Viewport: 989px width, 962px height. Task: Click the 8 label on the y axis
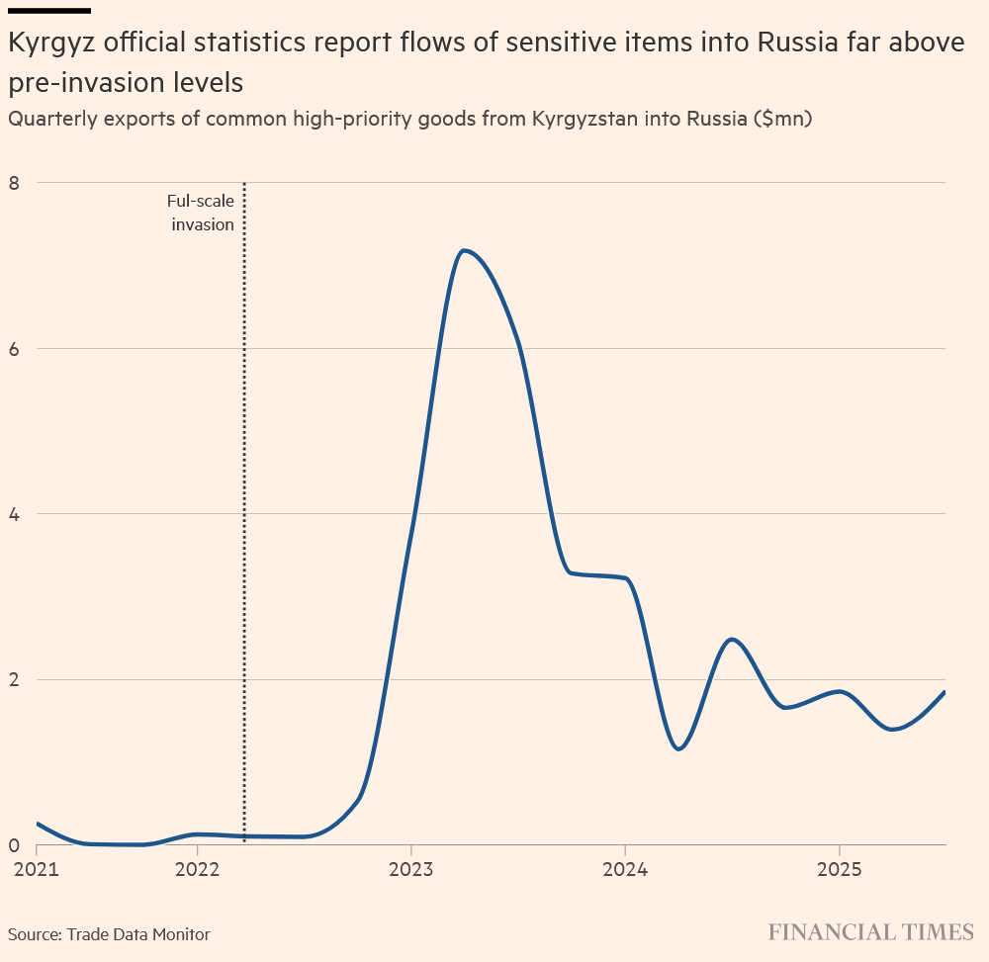(14, 183)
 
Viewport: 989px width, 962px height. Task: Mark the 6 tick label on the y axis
(14, 348)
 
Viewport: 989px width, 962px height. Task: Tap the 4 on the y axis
(14, 514)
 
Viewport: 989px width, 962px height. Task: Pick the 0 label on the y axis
(14, 845)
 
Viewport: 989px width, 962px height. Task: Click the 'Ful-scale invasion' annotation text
(201, 213)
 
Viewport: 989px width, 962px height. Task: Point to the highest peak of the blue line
(464, 250)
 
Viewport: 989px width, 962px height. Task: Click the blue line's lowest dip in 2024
(678, 748)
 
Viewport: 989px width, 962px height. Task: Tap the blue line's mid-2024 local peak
(732, 640)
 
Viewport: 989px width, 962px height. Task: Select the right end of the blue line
(944, 692)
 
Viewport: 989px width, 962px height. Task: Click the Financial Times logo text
(871, 932)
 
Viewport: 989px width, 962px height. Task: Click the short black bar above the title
(48, 10)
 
